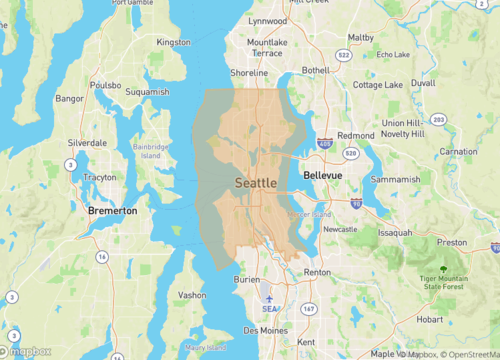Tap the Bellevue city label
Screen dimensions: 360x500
pos(322,175)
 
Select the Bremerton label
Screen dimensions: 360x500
pos(113,211)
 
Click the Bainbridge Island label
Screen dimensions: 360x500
pos(150,151)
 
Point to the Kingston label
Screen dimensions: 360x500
pos(173,42)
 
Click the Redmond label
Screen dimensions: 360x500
pos(356,135)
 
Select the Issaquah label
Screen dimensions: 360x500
pos(394,232)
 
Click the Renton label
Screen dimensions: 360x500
pos(317,272)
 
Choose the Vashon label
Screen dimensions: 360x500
pos(191,295)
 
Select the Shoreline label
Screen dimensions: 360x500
pos(249,73)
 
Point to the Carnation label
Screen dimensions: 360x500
pos(458,151)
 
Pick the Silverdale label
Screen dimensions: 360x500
pos(87,143)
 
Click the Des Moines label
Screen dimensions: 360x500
pos(265,330)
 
